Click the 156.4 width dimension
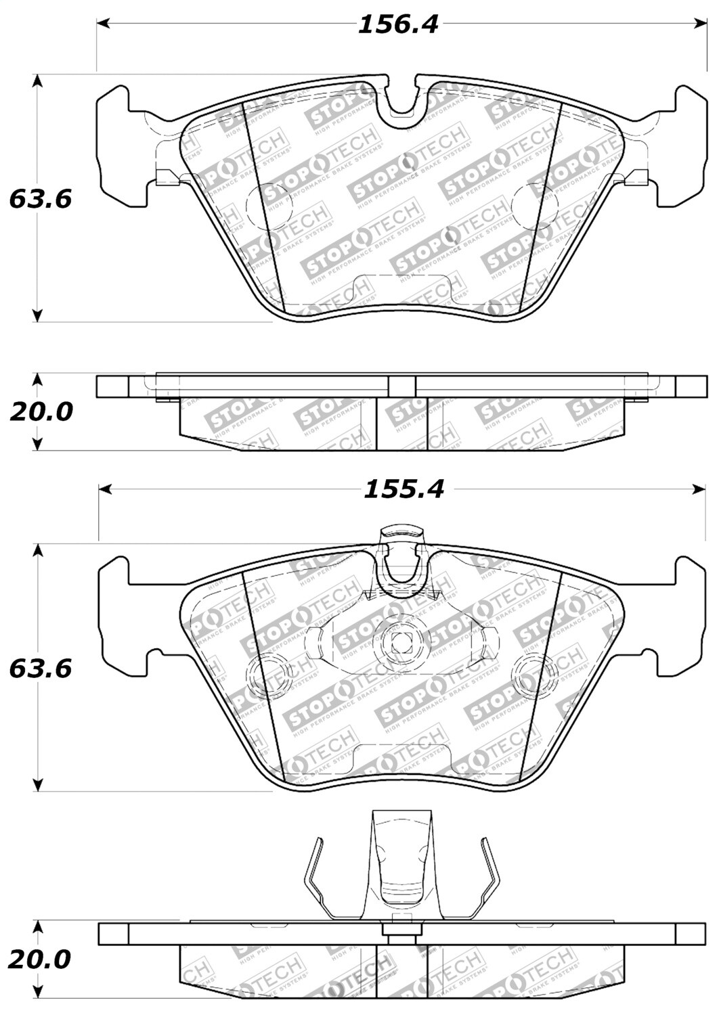click(x=398, y=25)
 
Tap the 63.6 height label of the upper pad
click(x=40, y=200)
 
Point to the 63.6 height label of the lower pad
click(x=40, y=669)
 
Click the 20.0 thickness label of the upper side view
click(x=41, y=411)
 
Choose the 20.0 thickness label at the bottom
click(x=41, y=959)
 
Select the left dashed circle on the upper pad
click(x=264, y=205)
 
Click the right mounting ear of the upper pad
click(x=680, y=145)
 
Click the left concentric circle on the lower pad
click(x=266, y=674)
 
